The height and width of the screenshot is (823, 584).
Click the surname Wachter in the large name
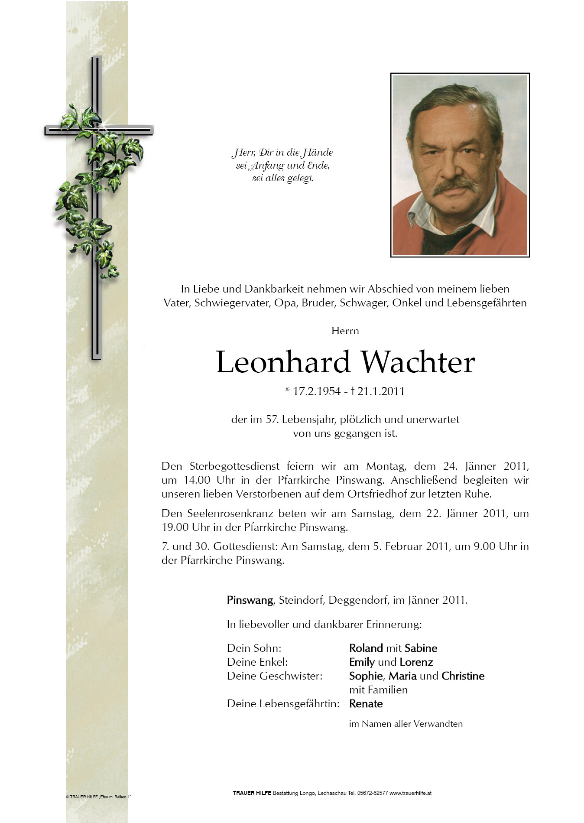(418, 362)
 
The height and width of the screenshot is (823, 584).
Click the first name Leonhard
(283, 362)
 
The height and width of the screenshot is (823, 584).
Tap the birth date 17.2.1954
(316, 391)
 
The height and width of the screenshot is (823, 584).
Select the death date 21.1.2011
(381, 391)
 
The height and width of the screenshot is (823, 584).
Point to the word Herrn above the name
(345, 331)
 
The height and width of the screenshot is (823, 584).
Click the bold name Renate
(366, 703)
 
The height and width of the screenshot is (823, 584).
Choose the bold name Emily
(362, 662)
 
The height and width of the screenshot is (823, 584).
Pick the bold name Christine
(463, 676)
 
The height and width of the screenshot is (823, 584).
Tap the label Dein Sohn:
(254, 648)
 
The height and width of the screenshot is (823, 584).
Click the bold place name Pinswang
(250, 600)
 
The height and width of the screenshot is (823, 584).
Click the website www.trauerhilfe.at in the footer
(410, 793)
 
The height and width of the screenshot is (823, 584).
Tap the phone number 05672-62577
(372, 793)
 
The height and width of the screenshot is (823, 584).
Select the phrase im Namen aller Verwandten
(406, 724)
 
